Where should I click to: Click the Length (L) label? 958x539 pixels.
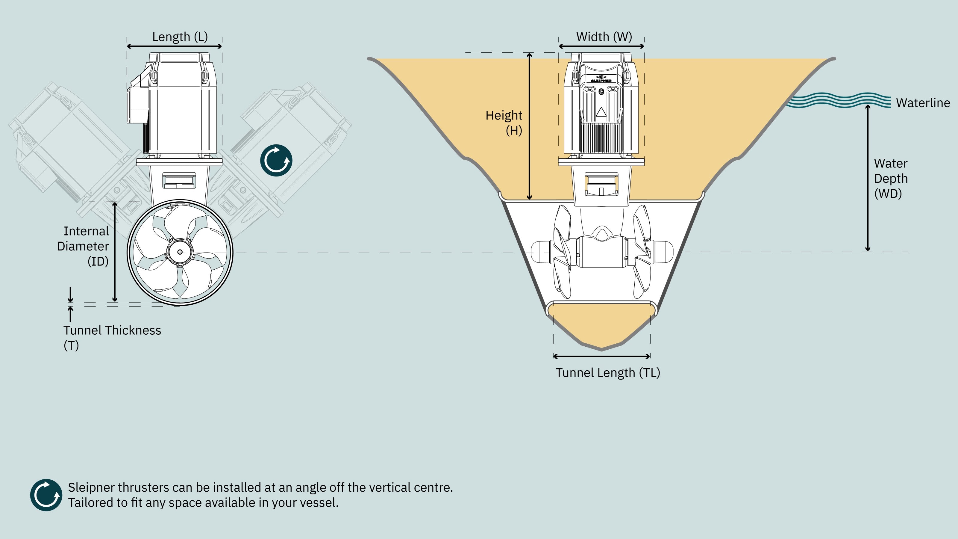tap(180, 37)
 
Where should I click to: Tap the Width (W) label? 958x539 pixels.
tap(604, 37)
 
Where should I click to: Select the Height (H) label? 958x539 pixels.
tap(504, 123)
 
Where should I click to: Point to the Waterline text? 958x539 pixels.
tap(923, 103)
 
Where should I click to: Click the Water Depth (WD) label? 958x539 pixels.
tap(891, 178)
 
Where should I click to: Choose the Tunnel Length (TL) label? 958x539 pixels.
tap(608, 373)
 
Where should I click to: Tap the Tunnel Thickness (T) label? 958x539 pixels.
tap(112, 338)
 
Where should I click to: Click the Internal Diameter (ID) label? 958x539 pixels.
tap(83, 246)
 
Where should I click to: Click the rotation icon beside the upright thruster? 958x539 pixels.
tap(276, 160)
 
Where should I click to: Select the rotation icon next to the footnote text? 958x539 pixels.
tap(46, 495)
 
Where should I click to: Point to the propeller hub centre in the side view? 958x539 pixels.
tap(180, 252)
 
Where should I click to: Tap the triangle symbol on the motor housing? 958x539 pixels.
tap(601, 112)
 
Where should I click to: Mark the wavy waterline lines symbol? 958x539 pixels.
tap(839, 100)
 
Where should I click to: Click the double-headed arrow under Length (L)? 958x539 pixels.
tap(175, 46)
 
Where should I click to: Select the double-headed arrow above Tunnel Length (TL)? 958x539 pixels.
tap(602, 356)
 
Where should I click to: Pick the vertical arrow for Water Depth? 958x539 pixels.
tap(868, 178)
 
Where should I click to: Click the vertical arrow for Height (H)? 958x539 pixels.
tap(530, 126)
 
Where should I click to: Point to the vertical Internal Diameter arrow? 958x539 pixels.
tap(115, 252)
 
